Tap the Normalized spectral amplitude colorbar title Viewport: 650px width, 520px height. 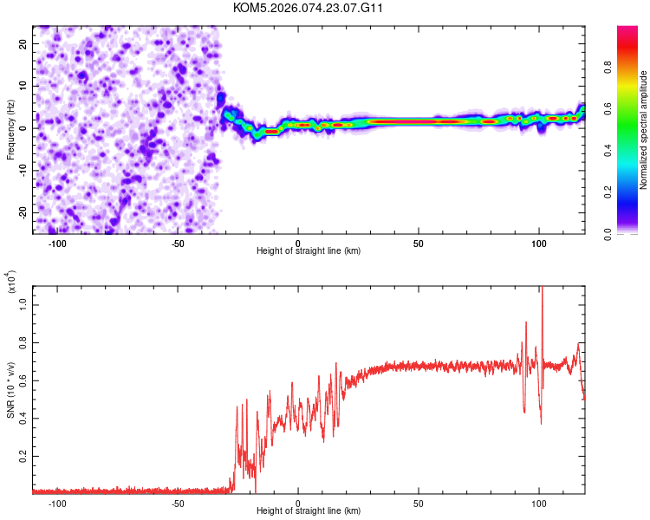(x=644, y=130)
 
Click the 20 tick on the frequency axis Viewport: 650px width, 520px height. (x=23, y=43)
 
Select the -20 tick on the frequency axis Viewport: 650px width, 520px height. (x=22, y=212)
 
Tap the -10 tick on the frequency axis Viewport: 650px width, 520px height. (x=22, y=170)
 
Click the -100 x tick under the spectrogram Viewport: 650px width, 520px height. (x=57, y=244)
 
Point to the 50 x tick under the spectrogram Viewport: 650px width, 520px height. (x=419, y=244)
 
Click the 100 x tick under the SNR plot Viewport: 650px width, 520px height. (x=538, y=503)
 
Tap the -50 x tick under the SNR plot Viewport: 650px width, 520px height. (x=178, y=503)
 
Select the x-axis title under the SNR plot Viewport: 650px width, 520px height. (x=309, y=511)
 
